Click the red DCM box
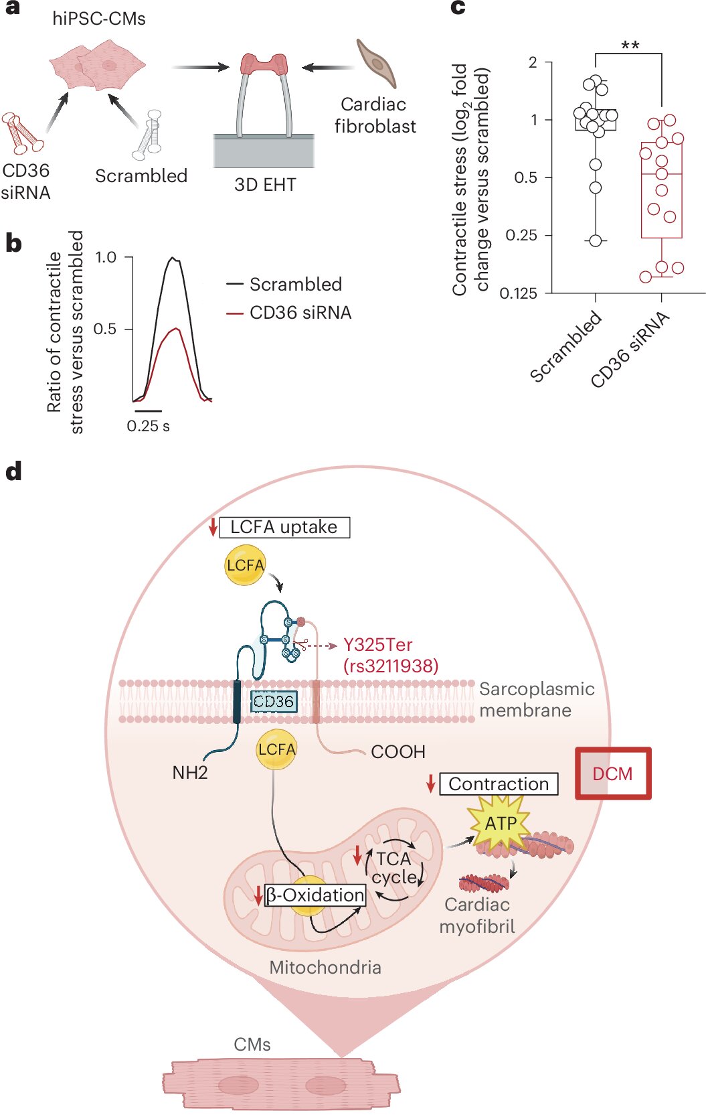(613, 773)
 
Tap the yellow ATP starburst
(501, 823)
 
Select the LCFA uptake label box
(284, 527)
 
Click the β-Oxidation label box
(315, 895)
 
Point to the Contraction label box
(499, 784)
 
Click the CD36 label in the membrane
(273, 701)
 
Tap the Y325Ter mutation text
(378, 645)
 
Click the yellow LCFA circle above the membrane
(245, 565)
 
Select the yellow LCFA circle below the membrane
(276, 749)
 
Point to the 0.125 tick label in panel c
(518, 293)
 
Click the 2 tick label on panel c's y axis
(533, 62)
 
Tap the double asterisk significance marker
(630, 46)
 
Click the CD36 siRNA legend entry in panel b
(300, 313)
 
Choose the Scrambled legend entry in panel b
(295, 284)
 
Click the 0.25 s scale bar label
(148, 426)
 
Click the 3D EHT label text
(265, 185)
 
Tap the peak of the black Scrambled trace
(173, 258)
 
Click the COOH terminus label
(398, 752)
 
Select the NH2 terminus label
(190, 773)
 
